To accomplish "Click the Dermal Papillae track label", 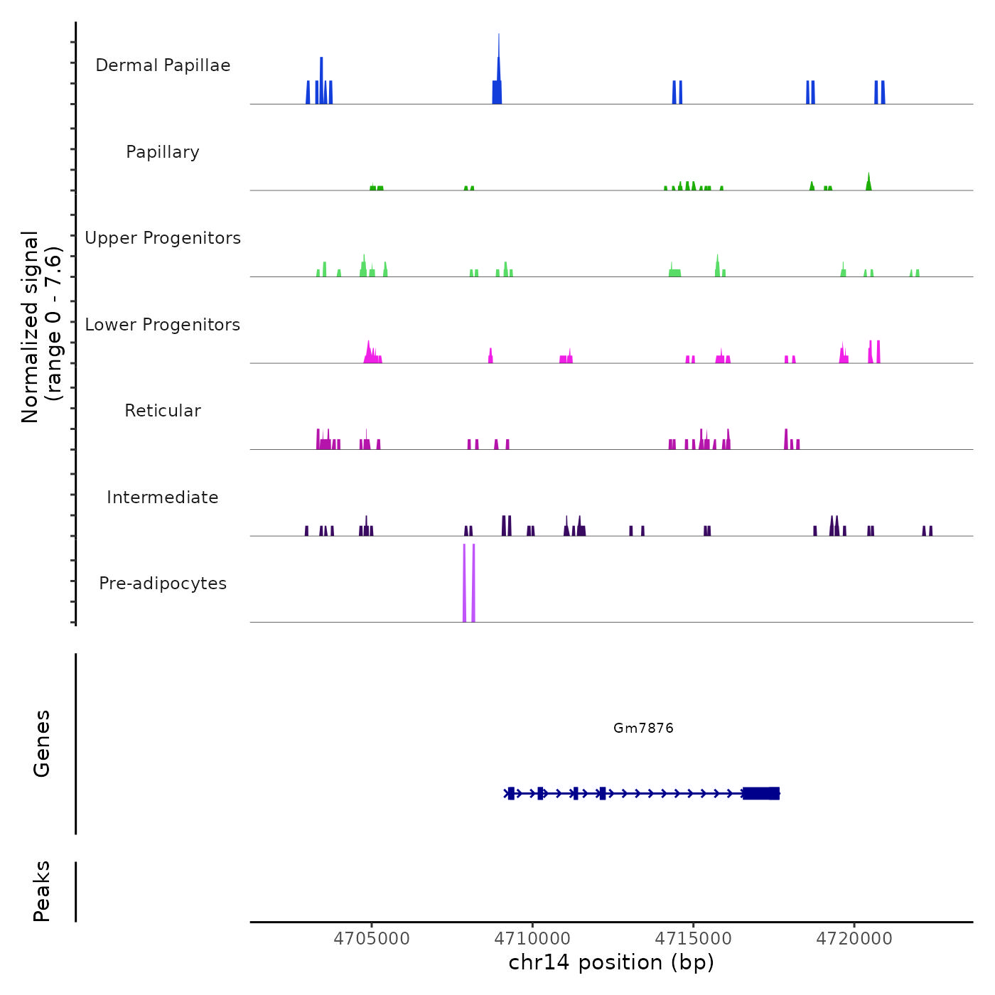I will pyautogui.click(x=163, y=65).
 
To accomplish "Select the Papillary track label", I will pyautogui.click(x=163, y=152).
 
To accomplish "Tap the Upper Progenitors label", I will pyautogui.click(x=163, y=238).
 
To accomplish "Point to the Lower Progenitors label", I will pyautogui.click(x=163, y=325).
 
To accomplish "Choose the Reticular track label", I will pyautogui.click(x=163, y=411).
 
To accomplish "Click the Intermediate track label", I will pyautogui.click(x=163, y=497).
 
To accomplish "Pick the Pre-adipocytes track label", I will pyautogui.click(x=163, y=583).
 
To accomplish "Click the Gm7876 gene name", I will pyautogui.click(x=643, y=728).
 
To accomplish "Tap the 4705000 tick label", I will pyautogui.click(x=372, y=939).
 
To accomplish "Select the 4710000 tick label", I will pyautogui.click(x=532, y=939).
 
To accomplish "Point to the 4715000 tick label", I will pyautogui.click(x=694, y=939).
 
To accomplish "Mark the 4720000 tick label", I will pyautogui.click(x=854, y=939).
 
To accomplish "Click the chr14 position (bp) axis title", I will pyautogui.click(x=611, y=962).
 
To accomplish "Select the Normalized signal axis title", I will pyautogui.click(x=41, y=327).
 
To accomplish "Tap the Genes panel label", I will pyautogui.click(x=42, y=743).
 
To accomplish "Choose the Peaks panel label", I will pyautogui.click(x=42, y=891).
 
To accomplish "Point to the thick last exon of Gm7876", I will pyautogui.click(x=761, y=793).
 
